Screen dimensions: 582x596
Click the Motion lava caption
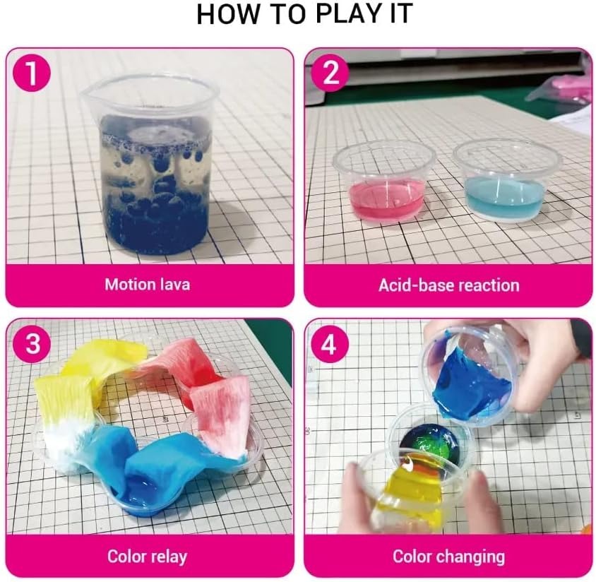(x=147, y=285)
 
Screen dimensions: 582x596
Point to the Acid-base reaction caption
(x=448, y=285)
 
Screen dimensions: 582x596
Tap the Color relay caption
(x=147, y=556)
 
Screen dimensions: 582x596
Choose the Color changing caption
(x=448, y=556)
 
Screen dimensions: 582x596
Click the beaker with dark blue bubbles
(x=156, y=170)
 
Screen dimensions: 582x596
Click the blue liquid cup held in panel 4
(x=470, y=378)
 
